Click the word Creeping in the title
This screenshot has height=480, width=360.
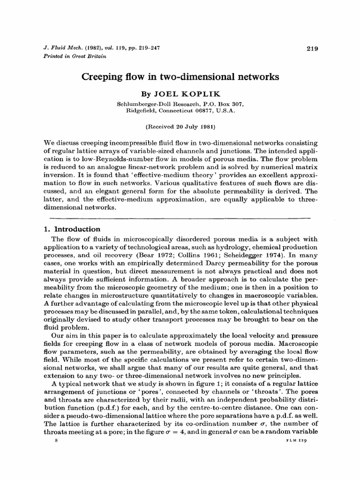(x=102, y=76)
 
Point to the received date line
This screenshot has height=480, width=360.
(x=180, y=126)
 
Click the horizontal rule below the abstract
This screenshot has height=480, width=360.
(x=180, y=218)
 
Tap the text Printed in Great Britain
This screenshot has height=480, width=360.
(x=68, y=56)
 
